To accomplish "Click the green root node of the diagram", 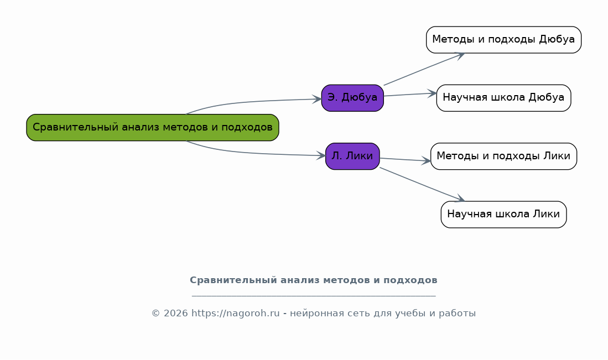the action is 152,128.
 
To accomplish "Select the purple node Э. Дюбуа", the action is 352,98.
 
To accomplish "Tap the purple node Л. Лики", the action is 352,156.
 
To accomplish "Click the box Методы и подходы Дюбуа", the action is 503,40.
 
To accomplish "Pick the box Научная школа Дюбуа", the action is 503,98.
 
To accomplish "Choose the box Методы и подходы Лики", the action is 503,156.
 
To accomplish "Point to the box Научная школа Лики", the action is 503,215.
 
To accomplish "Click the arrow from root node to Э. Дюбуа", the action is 252,102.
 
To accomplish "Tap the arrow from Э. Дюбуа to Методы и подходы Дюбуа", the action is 424,69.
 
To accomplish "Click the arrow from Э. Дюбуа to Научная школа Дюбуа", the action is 410,95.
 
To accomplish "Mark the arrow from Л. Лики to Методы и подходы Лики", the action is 405,160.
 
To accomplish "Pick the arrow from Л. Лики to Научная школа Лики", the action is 422,184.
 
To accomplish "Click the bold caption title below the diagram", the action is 313,280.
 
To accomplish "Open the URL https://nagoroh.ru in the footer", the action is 235,313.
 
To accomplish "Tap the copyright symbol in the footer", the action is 155,313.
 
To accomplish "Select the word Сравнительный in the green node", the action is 75,127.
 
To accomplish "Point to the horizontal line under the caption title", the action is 314,296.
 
